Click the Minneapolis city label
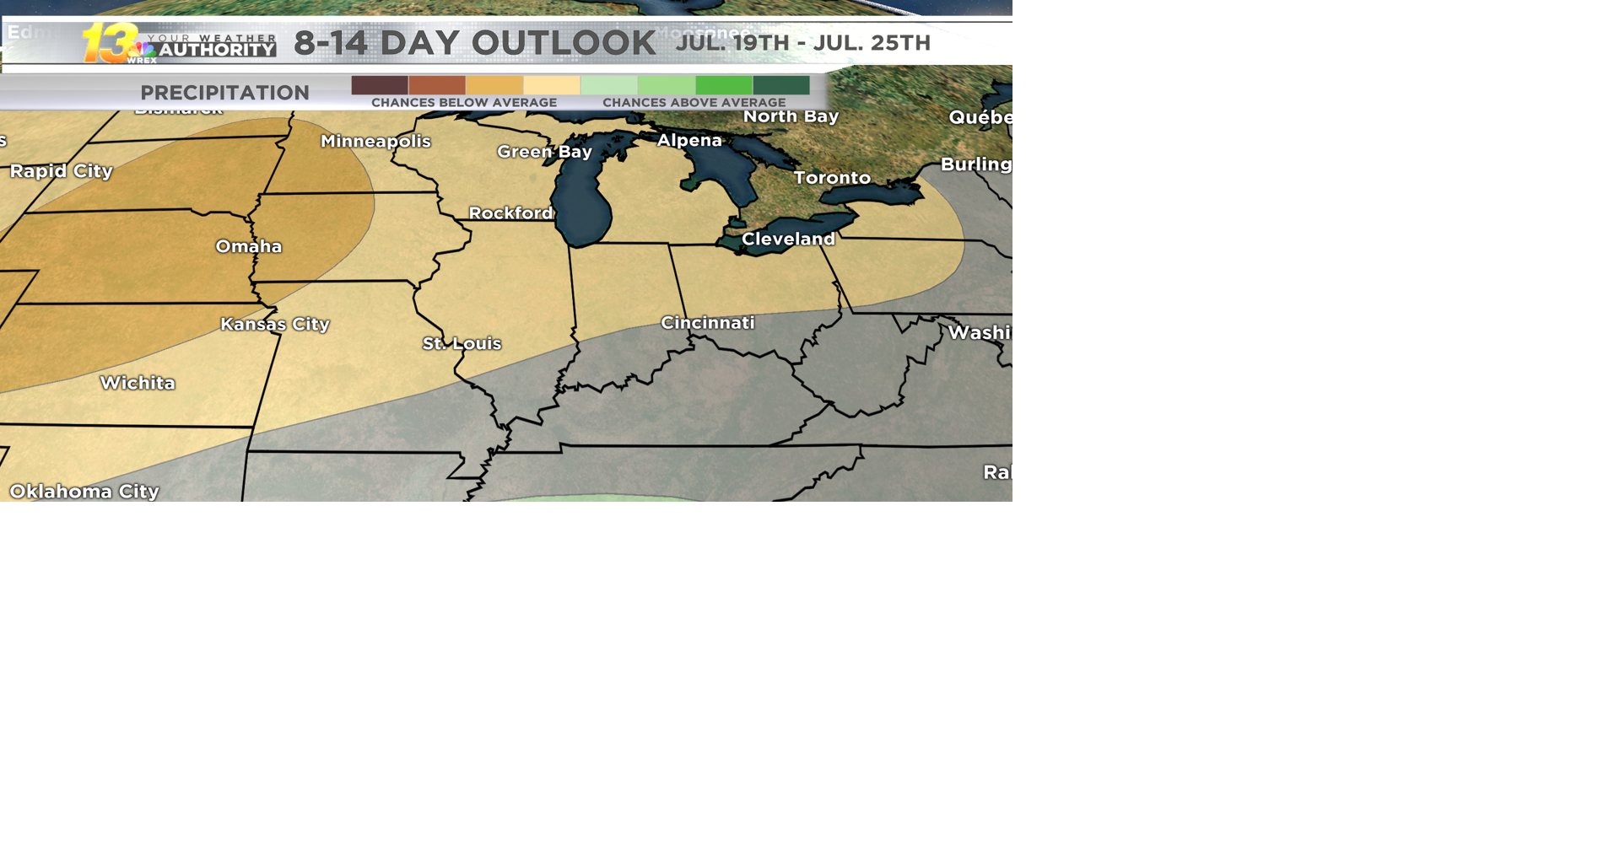(375, 142)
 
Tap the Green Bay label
(544, 152)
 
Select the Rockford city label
(510, 213)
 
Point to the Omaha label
(249, 247)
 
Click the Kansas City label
(275, 325)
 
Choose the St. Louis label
(462, 344)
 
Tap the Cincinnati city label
(707, 323)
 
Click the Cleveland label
(788, 239)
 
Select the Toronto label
(832, 178)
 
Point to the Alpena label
(689, 141)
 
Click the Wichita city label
(138, 384)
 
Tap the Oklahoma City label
(84, 492)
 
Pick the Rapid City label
(62, 171)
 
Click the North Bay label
(791, 116)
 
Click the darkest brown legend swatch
(380, 85)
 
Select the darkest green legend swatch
(781, 85)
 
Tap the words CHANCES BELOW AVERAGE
(464, 103)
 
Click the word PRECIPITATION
(224, 93)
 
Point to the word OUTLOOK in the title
(564, 43)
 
